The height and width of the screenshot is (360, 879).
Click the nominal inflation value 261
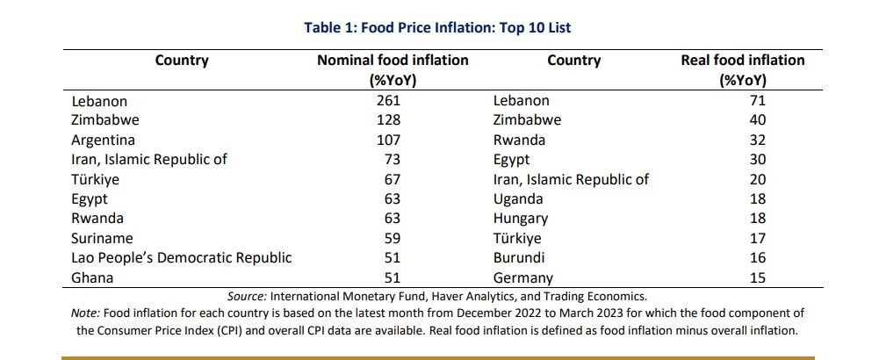(389, 101)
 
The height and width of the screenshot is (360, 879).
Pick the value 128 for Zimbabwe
(389, 120)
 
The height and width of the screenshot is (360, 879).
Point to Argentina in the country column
(103, 140)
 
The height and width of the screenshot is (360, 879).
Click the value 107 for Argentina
(389, 140)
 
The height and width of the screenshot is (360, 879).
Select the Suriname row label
(102, 238)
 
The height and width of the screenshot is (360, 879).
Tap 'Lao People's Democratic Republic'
(182, 258)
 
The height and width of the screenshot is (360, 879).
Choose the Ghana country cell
(92, 277)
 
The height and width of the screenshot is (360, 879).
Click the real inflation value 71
(757, 101)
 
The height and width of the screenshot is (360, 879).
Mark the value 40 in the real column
(757, 120)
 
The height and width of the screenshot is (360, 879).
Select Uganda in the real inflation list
(518, 199)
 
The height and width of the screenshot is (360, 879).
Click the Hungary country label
(521, 219)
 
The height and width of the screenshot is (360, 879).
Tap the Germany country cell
(523, 277)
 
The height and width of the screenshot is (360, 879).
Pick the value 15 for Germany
(757, 277)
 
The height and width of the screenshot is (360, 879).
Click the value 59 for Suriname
(393, 238)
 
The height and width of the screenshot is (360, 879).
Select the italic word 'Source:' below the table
(248, 296)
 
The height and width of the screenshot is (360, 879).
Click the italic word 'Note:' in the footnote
(86, 313)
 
